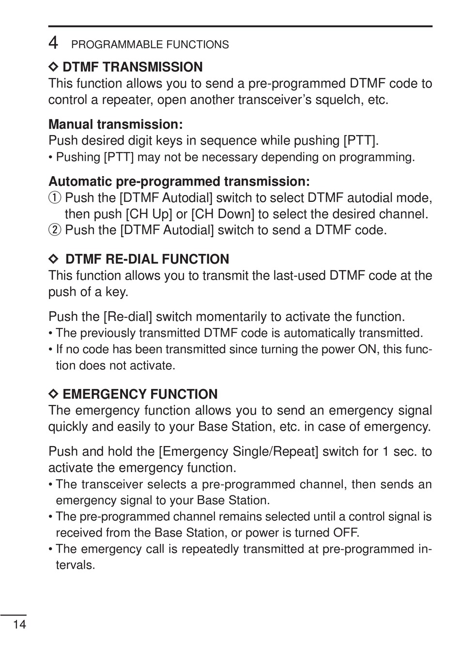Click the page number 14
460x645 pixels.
(19, 624)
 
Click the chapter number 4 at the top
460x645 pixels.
(53, 44)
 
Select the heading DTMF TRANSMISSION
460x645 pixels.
(133, 67)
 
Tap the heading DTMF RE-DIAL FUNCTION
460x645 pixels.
(147, 259)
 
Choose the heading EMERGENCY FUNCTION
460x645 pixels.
(140, 394)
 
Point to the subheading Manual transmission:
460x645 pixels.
(115, 124)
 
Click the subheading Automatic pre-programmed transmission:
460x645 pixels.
(179, 181)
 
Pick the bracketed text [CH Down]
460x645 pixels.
(223, 214)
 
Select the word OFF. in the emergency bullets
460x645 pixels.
(346, 533)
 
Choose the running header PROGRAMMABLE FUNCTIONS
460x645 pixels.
(150, 45)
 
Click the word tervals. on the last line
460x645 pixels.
(75, 565)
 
